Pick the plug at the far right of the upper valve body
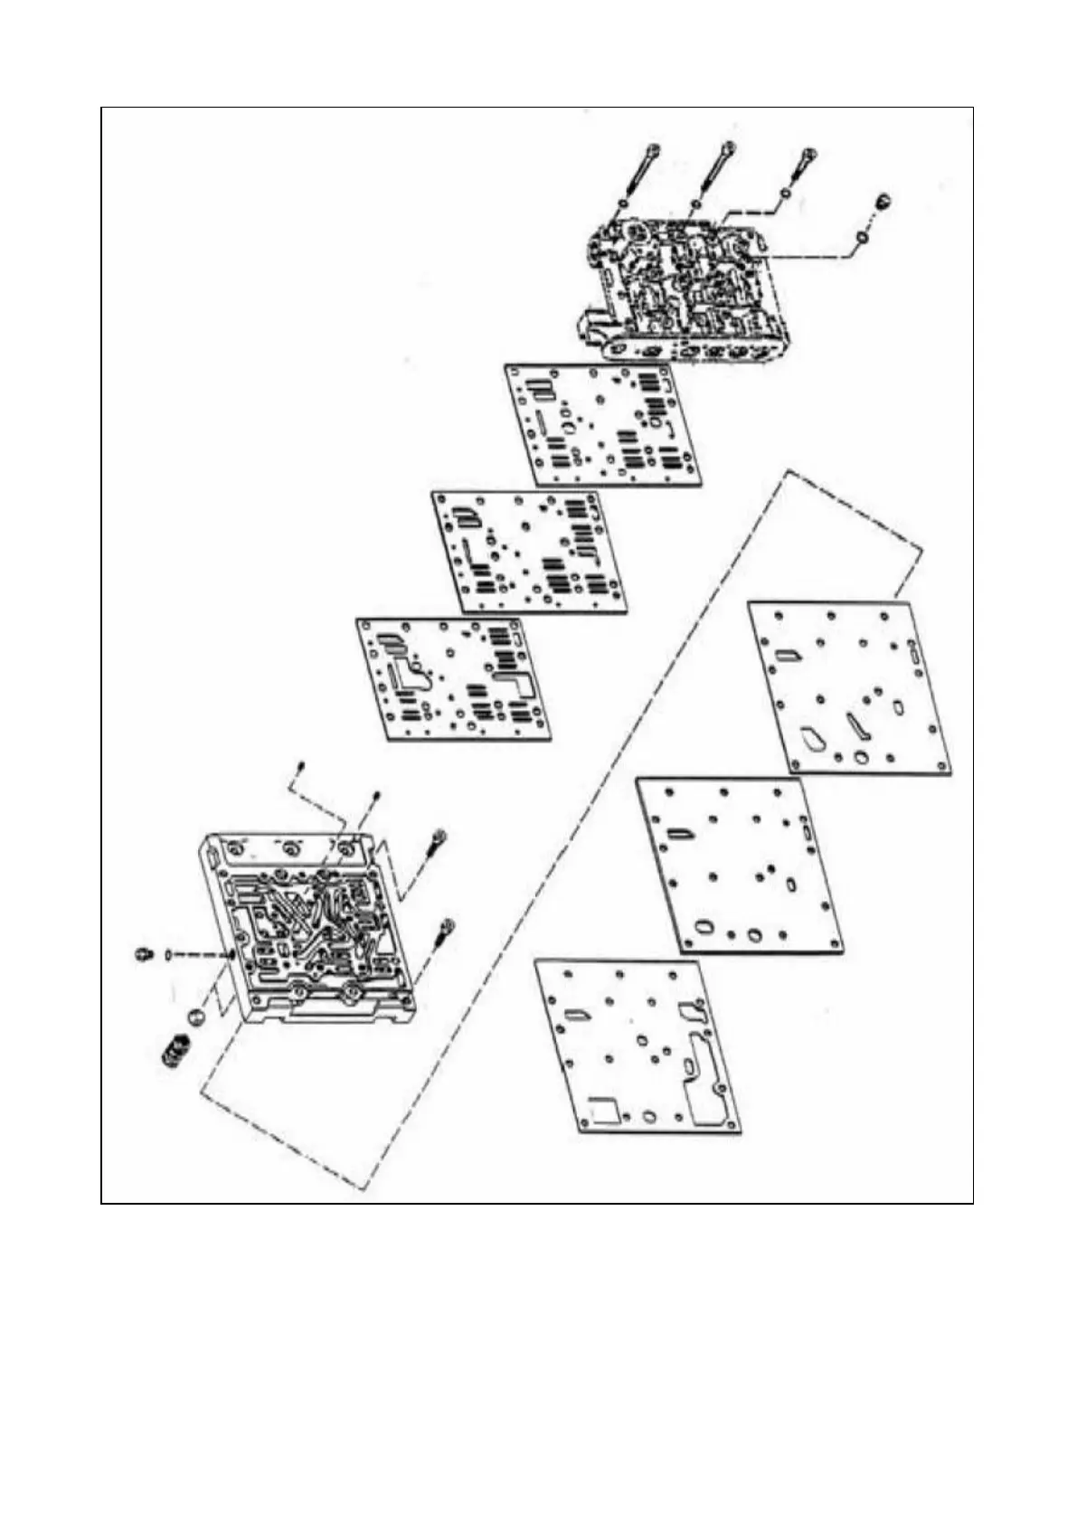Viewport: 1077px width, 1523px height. coord(881,201)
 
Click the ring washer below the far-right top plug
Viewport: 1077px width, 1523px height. coord(863,236)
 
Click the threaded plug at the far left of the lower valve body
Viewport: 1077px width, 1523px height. coord(142,954)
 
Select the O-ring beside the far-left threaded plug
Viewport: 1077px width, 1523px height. coord(168,954)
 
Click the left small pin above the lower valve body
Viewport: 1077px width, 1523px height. coord(302,770)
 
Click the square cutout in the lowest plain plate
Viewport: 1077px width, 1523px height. coord(603,1109)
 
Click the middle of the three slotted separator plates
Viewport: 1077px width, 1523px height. coord(529,552)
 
